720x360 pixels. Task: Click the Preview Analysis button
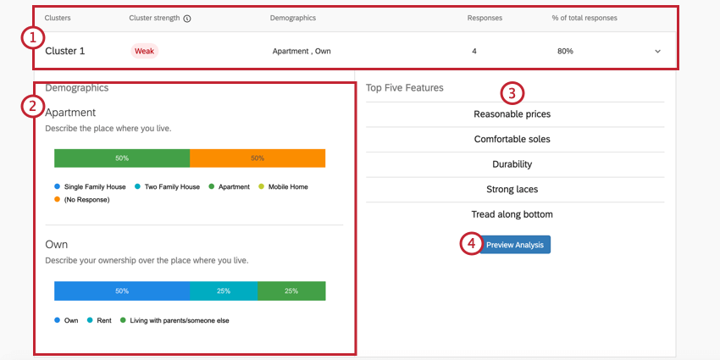pos(514,245)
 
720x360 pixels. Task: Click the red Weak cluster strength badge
pos(144,51)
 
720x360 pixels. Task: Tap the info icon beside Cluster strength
pos(186,18)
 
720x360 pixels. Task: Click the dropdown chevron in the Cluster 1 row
pos(658,52)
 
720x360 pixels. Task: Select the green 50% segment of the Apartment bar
pos(122,158)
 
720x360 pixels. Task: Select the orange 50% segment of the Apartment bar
pos(258,158)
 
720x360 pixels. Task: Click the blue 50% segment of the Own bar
pos(122,291)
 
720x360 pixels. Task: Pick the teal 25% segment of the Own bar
pos(224,291)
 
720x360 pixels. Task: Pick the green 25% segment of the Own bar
pos(291,291)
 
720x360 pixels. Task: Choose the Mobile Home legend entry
pos(287,186)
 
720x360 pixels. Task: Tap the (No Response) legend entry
pos(86,200)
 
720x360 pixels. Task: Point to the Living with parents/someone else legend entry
pos(177,320)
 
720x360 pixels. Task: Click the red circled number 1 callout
pos(31,37)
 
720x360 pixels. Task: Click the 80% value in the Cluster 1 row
pos(565,52)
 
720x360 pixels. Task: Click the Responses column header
pos(486,18)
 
